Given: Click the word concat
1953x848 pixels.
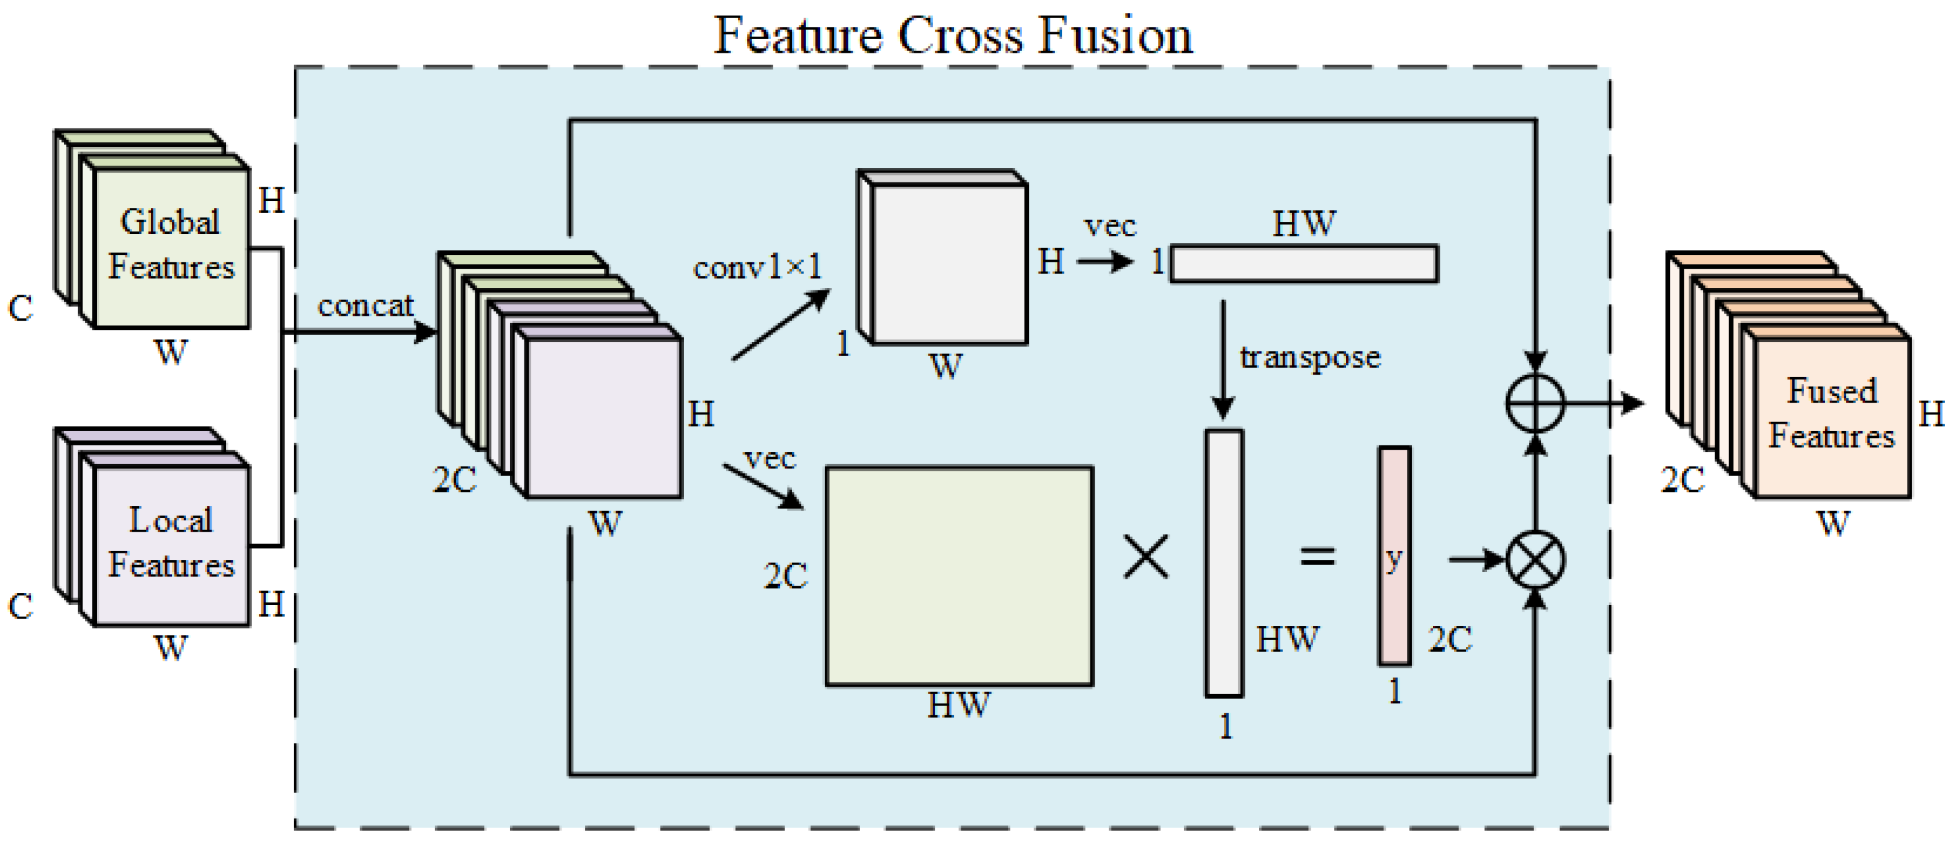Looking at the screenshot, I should click(x=365, y=306).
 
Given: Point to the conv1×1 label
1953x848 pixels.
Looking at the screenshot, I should click(x=757, y=267).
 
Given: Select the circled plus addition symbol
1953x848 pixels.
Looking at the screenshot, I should click(x=1535, y=403).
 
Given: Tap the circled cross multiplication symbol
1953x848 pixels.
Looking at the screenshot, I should click(x=1535, y=561).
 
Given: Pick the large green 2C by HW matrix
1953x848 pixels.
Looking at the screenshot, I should click(x=958, y=576).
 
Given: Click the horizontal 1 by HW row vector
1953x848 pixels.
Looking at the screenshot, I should click(x=1303, y=264).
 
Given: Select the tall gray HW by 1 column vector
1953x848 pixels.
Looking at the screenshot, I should click(x=1224, y=563).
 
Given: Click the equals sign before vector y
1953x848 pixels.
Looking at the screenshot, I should click(x=1317, y=557).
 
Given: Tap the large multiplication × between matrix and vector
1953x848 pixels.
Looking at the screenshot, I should click(x=1146, y=557).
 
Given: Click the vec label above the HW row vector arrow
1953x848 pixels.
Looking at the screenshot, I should click(x=1110, y=226).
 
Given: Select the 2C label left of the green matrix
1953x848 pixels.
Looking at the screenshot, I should click(x=784, y=576).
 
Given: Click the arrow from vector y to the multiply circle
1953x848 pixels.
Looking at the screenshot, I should click(x=1475, y=560).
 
